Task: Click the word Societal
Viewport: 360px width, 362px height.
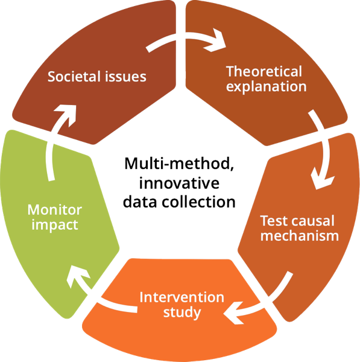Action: coord(74,77)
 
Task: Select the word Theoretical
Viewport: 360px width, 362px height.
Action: coord(264,72)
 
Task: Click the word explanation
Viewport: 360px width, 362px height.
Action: coord(266,86)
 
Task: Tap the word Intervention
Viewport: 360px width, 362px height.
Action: coord(182,297)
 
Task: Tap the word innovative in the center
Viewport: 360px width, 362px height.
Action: coord(179,183)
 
